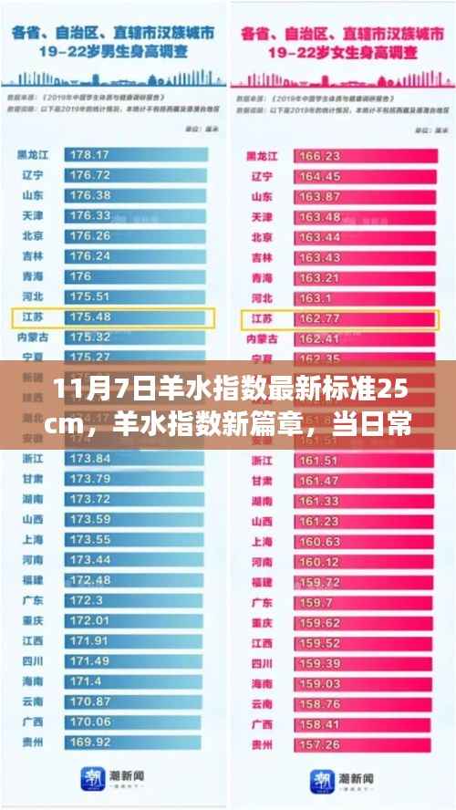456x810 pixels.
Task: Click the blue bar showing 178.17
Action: [x=137, y=155]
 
